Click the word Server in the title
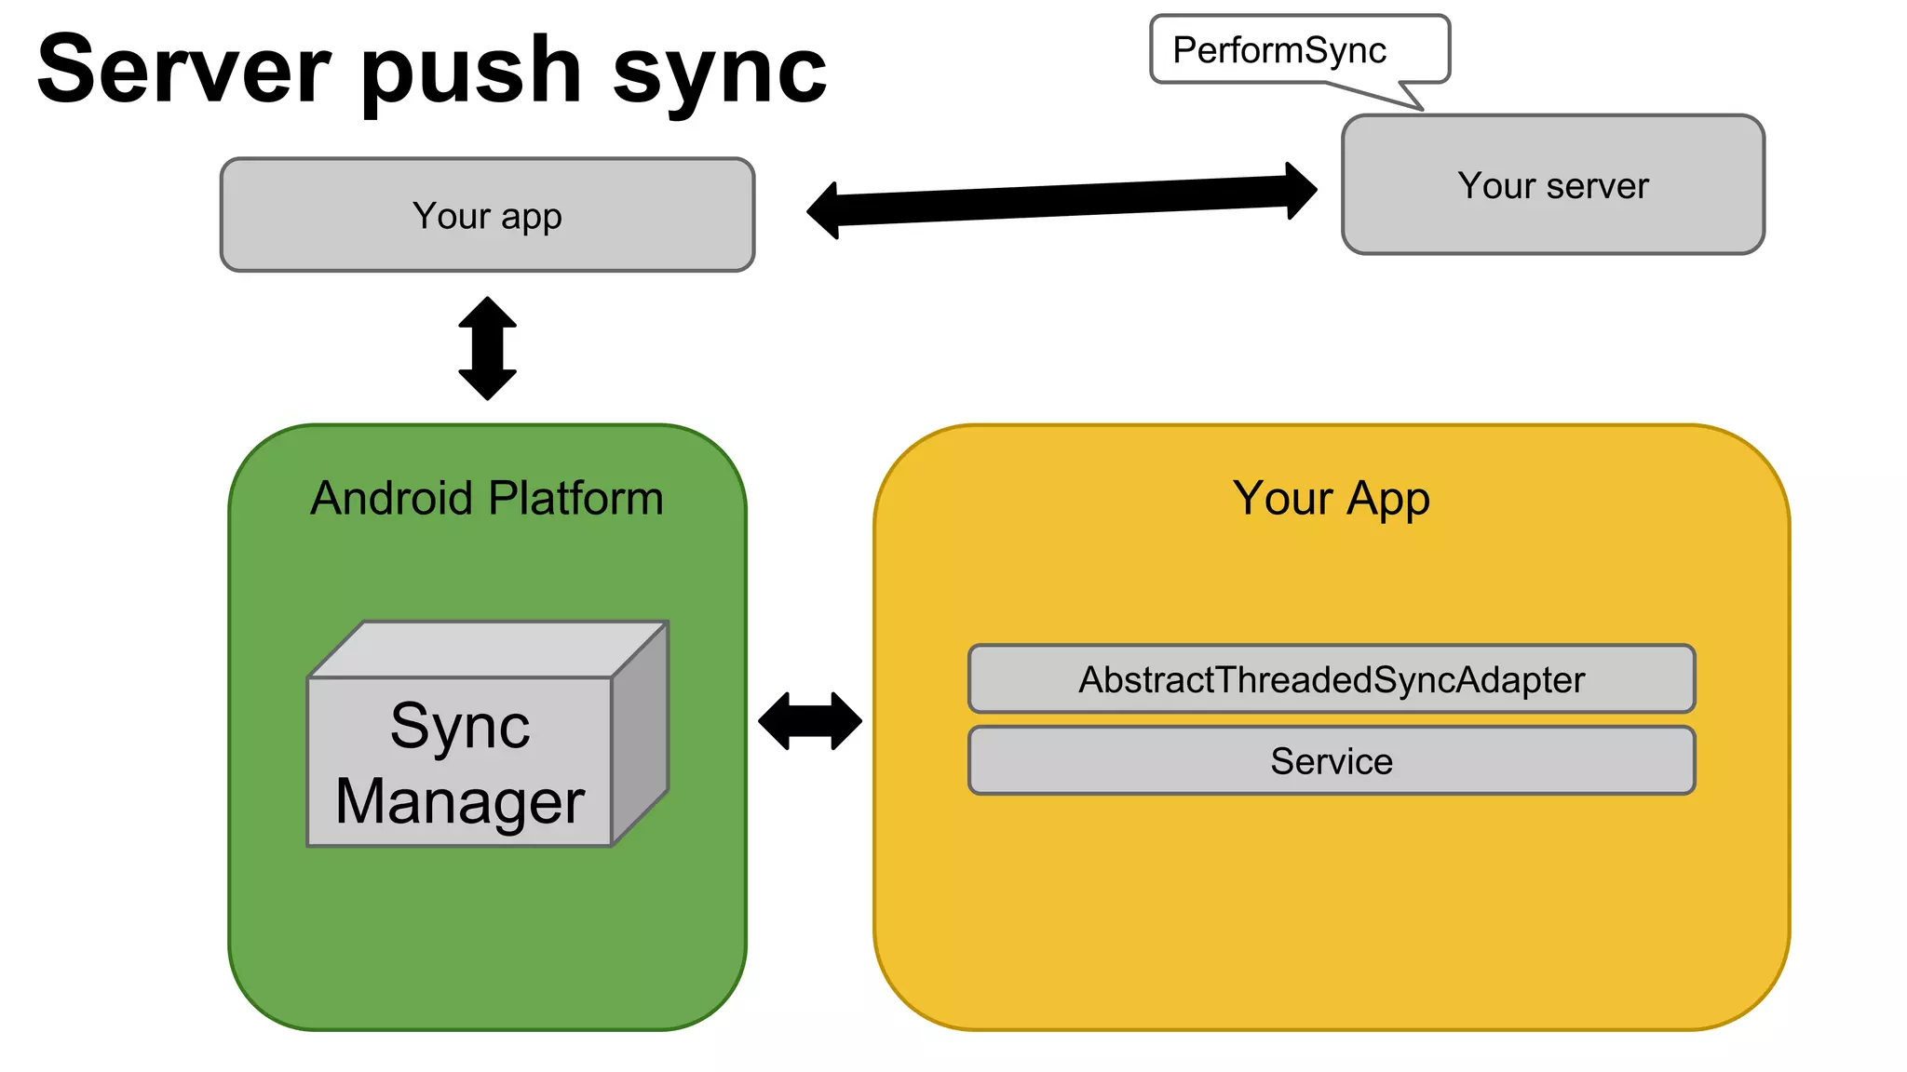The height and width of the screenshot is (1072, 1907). (183, 71)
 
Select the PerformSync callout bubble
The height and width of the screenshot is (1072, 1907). (1298, 49)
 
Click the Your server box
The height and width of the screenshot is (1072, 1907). (1552, 185)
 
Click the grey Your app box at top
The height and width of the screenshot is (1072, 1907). (487, 215)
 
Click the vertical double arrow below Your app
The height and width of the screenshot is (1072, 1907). (487, 348)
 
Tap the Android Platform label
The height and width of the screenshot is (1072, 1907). (487, 498)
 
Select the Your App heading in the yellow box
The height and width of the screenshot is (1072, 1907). (1331, 498)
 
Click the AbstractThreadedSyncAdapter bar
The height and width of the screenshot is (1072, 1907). (1331, 679)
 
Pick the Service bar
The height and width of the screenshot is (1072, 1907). (1331, 761)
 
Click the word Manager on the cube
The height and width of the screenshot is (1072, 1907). (460, 802)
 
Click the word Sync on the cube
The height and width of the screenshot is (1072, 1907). (460, 726)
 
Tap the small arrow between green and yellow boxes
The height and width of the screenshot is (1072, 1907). (810, 720)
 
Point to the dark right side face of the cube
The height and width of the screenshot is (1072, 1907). (641, 733)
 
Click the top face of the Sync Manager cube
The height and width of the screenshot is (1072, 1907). (489, 649)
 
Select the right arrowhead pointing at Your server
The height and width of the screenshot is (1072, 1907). (1301, 191)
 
